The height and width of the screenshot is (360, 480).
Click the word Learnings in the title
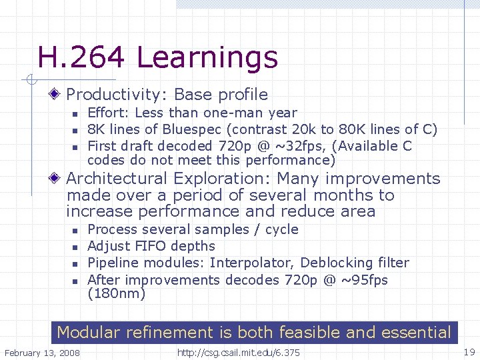pos(207,59)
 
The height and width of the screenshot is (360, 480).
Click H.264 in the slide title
pos(81,58)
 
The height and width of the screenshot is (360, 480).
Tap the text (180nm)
pos(116,293)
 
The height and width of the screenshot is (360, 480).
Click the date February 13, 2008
pos(41,352)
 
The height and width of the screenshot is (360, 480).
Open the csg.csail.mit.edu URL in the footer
pos(237,352)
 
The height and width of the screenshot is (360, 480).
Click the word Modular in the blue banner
pos(87,332)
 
